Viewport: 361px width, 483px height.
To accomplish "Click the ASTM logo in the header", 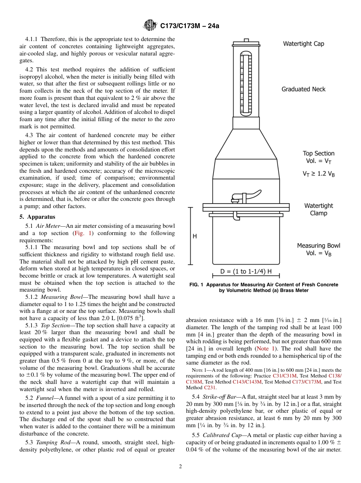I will click(x=150, y=26).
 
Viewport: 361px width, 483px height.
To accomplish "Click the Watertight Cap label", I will click(x=303, y=44).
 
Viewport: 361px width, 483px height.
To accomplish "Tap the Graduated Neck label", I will click(x=303, y=89).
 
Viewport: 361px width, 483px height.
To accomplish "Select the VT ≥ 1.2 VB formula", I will click(x=318, y=174).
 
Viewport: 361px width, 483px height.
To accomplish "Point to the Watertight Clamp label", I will click(x=318, y=209).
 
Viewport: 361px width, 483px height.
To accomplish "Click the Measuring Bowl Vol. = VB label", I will click(x=318, y=249).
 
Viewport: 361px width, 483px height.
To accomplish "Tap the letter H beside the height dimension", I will click(x=195, y=236).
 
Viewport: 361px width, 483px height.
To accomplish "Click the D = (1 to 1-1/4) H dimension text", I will click(x=246, y=272).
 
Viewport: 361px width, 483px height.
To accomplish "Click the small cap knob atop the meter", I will click(x=246, y=40).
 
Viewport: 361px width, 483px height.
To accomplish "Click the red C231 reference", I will click(x=210, y=388).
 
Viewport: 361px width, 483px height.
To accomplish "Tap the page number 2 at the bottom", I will click(x=180, y=467).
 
